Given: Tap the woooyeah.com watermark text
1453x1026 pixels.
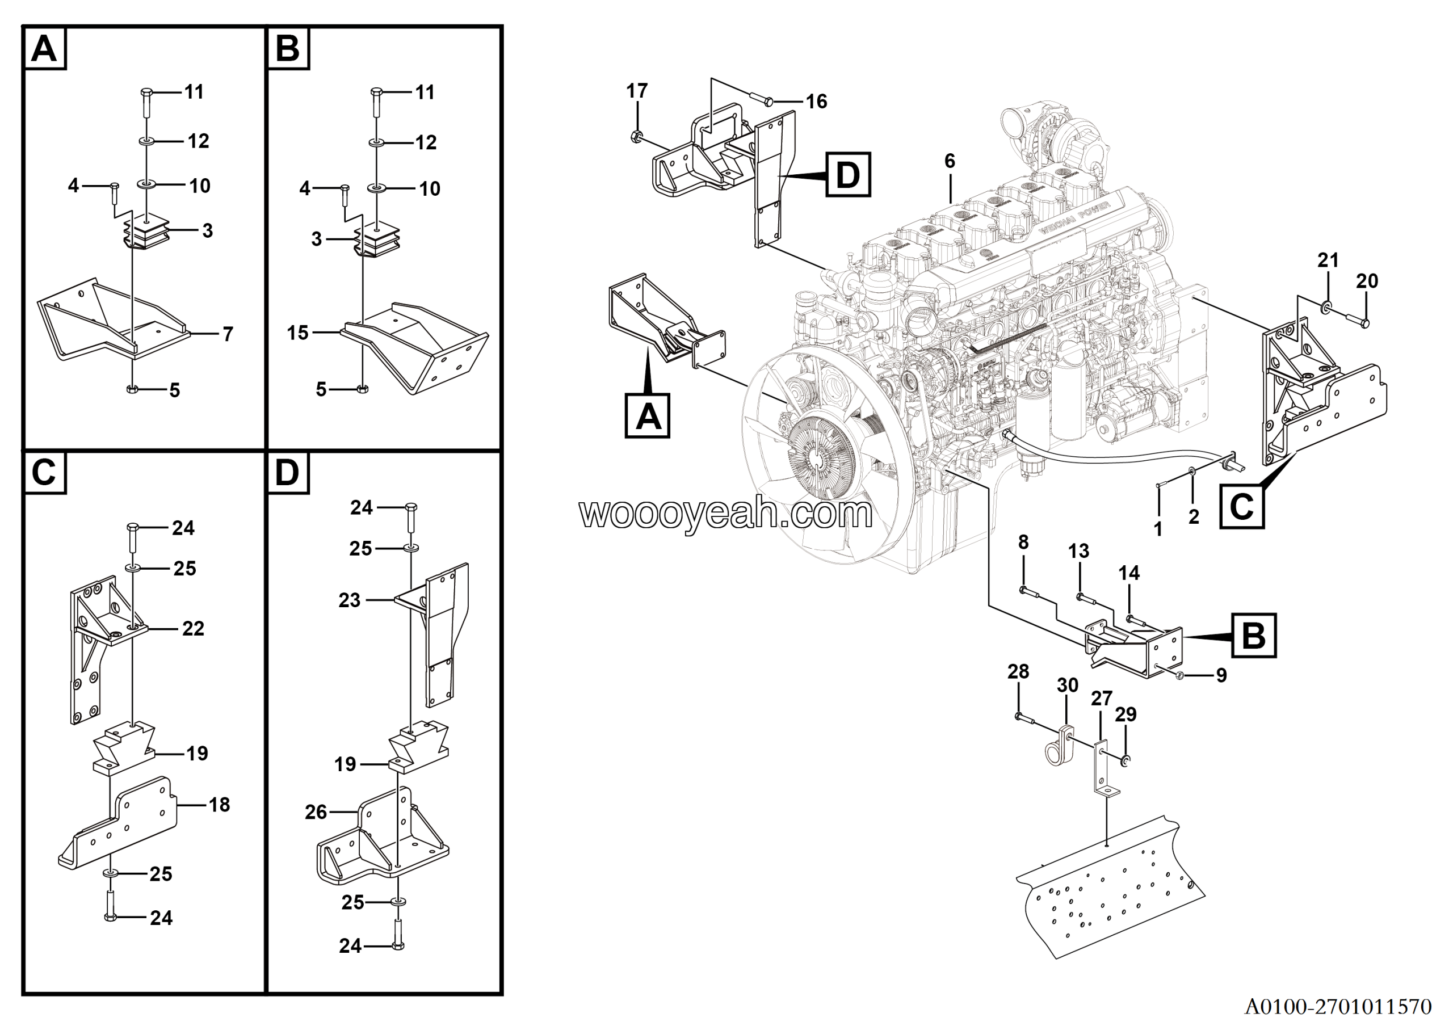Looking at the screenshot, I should click(725, 514).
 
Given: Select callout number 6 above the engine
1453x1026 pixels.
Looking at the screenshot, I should click(950, 161).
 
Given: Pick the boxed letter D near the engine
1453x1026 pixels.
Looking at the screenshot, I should click(848, 175).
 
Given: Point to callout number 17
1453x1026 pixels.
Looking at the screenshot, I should click(637, 91).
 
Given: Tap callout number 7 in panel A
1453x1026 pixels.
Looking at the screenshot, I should click(228, 334).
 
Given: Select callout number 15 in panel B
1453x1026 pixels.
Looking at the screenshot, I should click(297, 333).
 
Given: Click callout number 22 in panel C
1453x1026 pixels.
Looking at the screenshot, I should click(193, 629).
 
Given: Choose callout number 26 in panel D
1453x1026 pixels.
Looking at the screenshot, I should click(316, 812).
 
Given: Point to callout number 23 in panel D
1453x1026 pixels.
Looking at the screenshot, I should click(348, 600).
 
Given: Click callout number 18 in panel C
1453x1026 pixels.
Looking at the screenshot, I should click(219, 805).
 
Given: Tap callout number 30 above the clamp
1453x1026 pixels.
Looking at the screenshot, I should click(1068, 686).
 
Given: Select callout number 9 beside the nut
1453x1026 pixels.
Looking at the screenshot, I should click(1221, 675).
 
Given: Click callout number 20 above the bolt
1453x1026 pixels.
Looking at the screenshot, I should click(1367, 281).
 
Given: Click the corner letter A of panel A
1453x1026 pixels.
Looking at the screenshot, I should click(44, 49).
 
